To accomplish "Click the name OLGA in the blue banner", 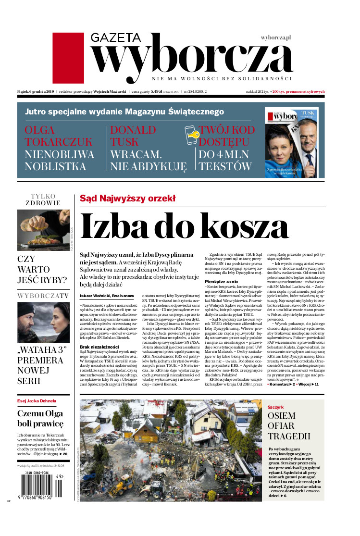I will coord(39,130).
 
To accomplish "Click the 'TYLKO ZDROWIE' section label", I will coord(43,199).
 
